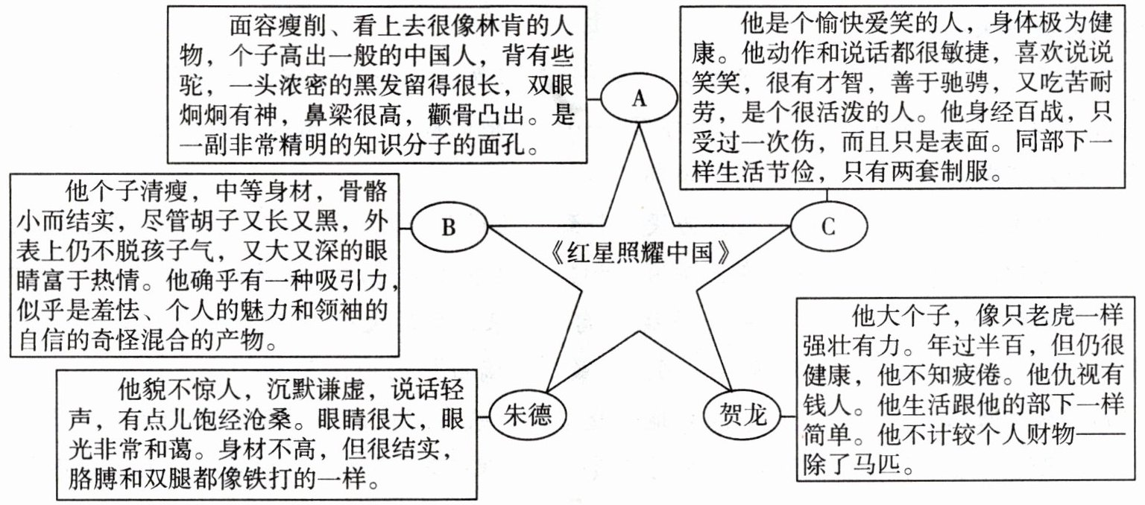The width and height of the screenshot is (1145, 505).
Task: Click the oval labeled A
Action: point(638,99)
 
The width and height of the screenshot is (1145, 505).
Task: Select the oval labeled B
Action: point(448,226)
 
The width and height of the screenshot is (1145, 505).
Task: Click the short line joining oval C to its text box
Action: point(827,195)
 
